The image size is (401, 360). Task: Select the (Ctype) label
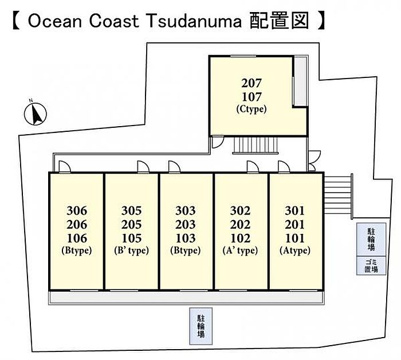251,109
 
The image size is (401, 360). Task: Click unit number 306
76,210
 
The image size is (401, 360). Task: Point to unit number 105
131,238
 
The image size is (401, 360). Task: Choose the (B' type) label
131,251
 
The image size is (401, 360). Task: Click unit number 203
186,224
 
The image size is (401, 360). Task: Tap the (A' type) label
240,251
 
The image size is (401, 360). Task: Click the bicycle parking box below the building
201,326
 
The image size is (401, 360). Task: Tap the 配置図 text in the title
280,22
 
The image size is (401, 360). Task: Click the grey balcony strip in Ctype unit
299,82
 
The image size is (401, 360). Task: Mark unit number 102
240,238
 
